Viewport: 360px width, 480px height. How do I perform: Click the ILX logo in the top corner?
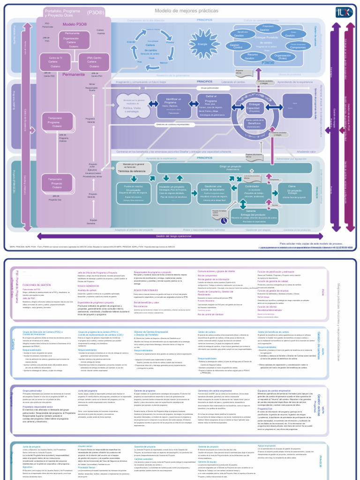pos(342,11)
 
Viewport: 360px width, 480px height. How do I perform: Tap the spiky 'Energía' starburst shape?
pos(202,44)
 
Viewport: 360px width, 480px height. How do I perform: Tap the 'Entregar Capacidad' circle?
pos(254,107)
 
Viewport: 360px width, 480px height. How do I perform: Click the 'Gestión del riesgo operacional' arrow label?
pos(173,236)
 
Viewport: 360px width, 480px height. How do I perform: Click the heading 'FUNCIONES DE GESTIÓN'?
pos(37,285)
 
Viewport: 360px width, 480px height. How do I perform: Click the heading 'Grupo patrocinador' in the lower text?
pos(32,390)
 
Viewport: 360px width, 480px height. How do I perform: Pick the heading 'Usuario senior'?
pos(85,446)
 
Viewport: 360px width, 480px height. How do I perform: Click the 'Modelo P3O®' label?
pos(75,24)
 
